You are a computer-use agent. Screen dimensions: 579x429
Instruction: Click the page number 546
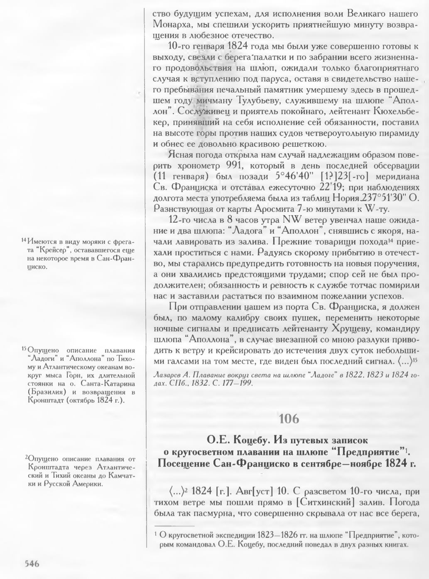click(x=32, y=564)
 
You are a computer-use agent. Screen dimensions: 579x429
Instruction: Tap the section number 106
click(x=289, y=419)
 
